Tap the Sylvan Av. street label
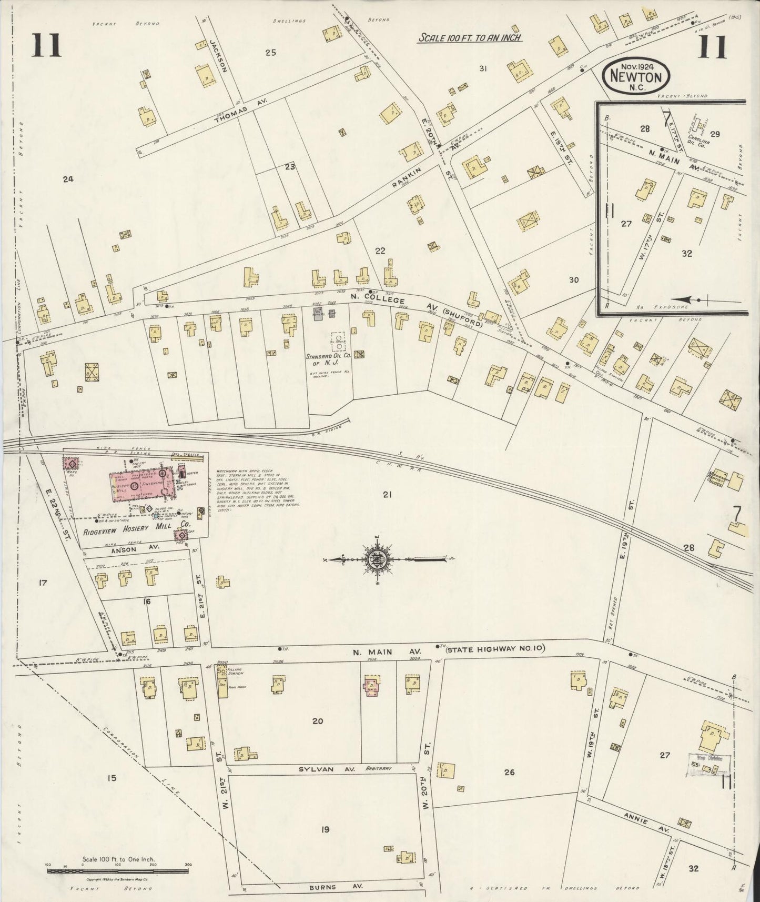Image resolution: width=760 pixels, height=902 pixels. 317,769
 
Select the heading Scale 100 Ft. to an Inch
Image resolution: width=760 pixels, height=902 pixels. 469,37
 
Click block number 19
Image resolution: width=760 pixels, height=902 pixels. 326,829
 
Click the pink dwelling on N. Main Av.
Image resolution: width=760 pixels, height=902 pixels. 370,687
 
